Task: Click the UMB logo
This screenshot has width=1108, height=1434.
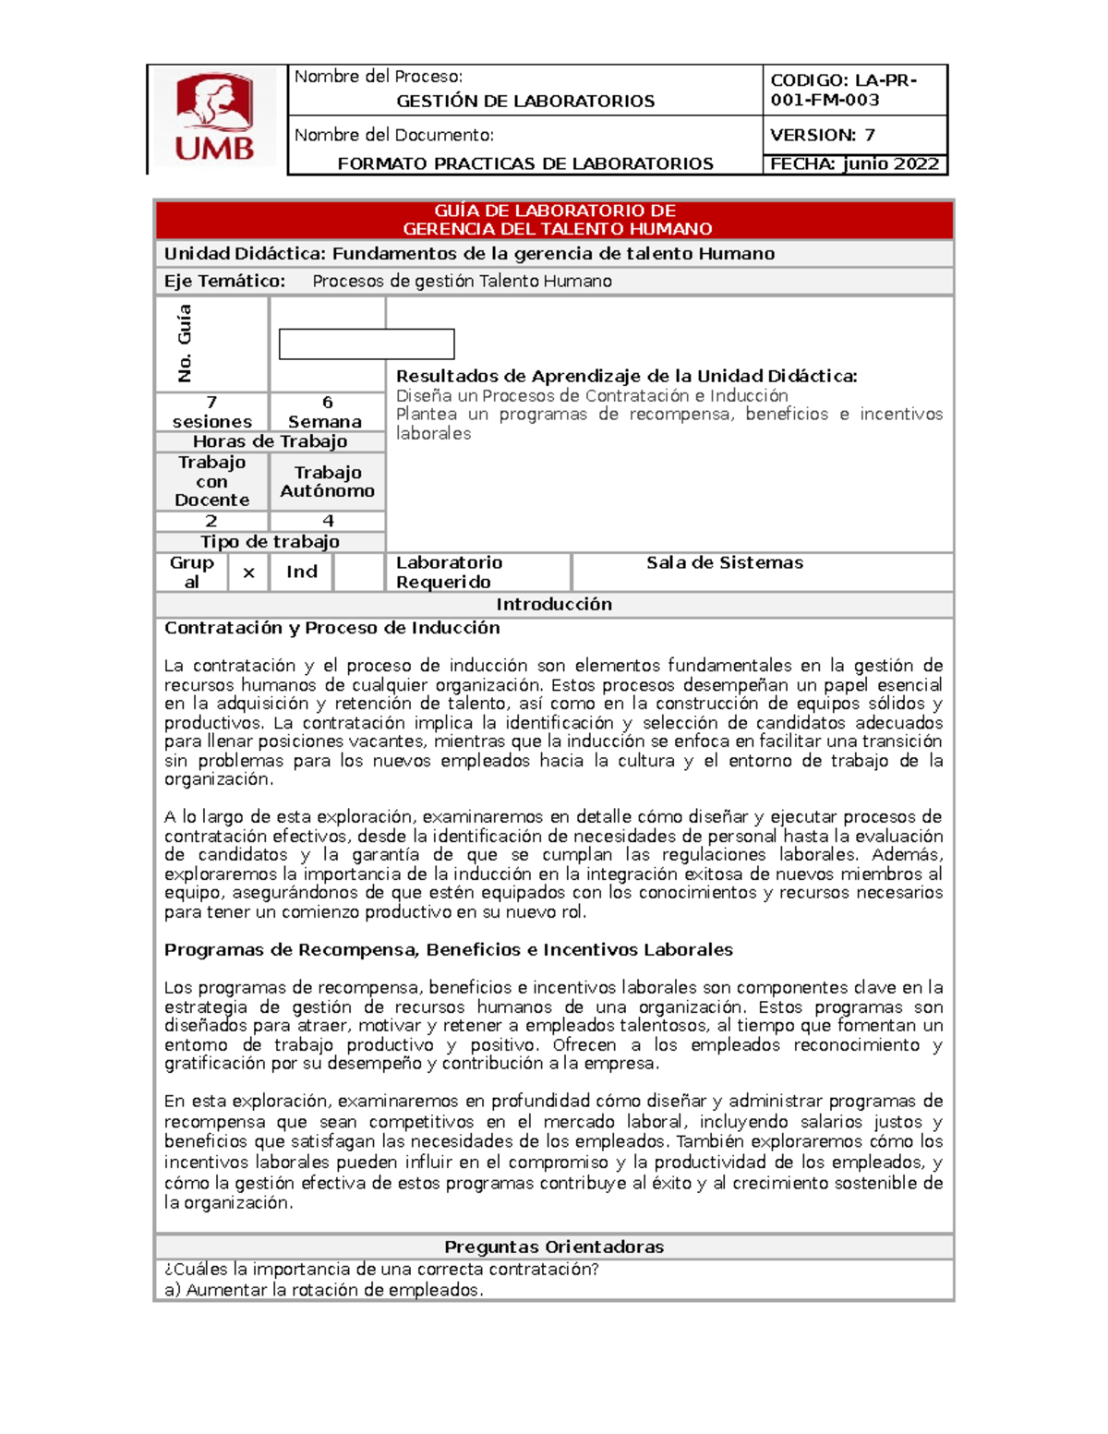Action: point(214,118)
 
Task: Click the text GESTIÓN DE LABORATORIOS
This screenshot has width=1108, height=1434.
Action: point(525,101)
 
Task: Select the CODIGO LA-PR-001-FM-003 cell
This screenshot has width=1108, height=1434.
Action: point(853,90)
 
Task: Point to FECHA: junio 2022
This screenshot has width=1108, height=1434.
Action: point(854,164)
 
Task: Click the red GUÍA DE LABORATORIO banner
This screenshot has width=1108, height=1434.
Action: point(554,220)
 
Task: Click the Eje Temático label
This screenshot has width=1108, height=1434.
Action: point(224,282)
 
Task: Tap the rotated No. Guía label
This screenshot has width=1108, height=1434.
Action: point(185,343)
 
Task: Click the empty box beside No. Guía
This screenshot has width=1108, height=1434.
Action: point(367,343)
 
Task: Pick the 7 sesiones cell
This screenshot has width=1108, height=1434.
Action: point(211,412)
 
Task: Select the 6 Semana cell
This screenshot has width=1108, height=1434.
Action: point(327,412)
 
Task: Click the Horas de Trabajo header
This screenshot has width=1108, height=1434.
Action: point(270,441)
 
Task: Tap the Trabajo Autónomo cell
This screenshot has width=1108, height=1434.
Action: point(327,481)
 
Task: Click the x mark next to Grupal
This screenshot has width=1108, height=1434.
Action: point(248,572)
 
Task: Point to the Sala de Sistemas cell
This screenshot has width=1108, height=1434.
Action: point(724,563)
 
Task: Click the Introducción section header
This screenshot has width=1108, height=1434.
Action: point(554,604)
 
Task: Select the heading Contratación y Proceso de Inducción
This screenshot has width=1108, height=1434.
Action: point(331,628)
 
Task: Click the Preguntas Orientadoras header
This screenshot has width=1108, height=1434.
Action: point(554,1247)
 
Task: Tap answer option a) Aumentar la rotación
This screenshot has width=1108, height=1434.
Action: point(323,1290)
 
